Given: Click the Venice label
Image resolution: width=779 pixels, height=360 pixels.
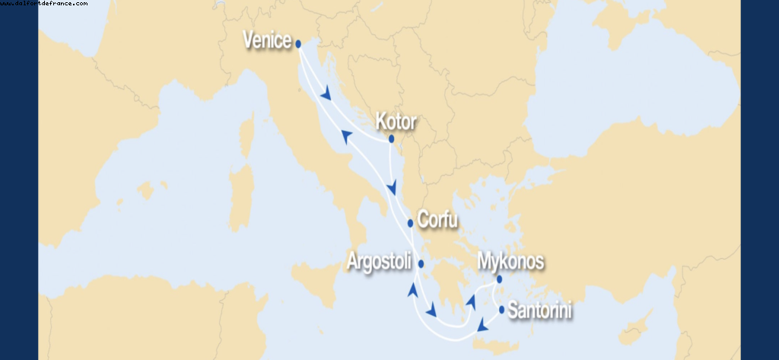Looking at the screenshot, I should tap(267, 40).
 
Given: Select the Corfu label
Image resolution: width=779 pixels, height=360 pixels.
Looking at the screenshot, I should tap(437, 221).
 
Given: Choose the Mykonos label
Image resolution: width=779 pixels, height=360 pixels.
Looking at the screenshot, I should tap(510, 262).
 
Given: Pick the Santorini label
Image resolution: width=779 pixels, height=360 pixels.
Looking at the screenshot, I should tap(539, 311).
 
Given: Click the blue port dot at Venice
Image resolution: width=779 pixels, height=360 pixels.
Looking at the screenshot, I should tap(298, 44).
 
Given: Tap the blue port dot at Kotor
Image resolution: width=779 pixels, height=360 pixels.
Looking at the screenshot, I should tap(391, 139).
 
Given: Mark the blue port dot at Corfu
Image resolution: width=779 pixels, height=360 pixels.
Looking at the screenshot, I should tap(411, 223).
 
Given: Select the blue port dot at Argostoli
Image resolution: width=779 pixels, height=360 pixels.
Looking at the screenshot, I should tap(420, 264).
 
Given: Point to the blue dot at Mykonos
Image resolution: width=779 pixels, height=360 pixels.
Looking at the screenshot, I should tap(500, 279).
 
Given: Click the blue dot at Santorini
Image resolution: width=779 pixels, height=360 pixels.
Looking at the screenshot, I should tap(502, 309).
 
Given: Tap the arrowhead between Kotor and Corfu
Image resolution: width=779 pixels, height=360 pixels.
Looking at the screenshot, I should tap(393, 188).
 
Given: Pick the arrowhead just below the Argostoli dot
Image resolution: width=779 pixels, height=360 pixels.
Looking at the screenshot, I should tap(413, 290).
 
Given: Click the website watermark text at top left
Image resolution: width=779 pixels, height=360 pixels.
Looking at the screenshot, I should tap(44, 4).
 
